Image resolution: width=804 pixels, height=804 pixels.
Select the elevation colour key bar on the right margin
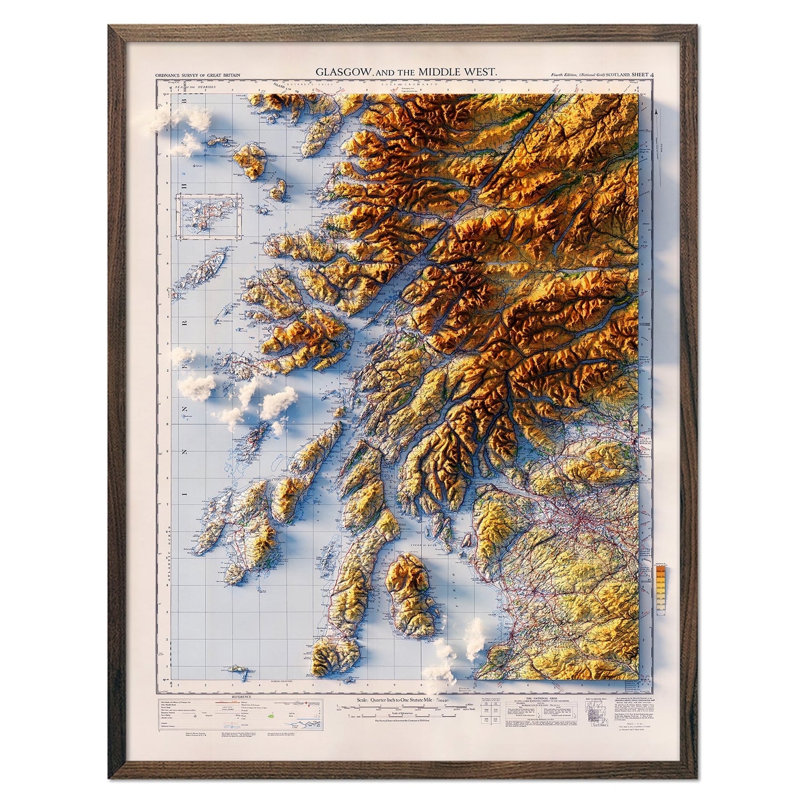pos(661,589)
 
